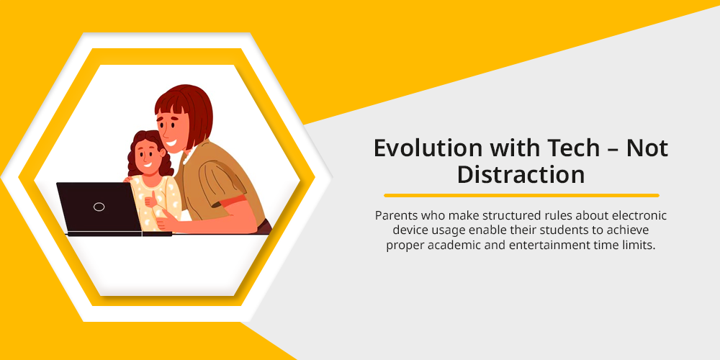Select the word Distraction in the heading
pos(521,175)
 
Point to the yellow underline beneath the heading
pos(521,196)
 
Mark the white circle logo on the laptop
pos(99,207)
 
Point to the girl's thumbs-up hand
pos(150,199)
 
